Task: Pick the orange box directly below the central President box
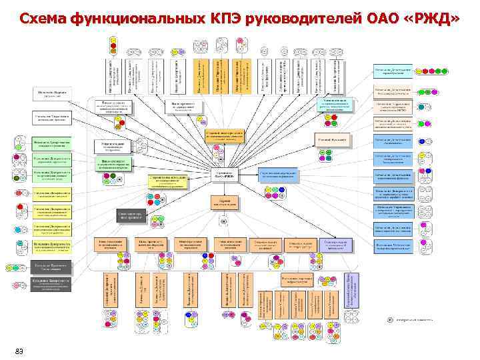click(225, 202)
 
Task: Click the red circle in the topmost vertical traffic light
click(112, 41)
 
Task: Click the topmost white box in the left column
click(51, 93)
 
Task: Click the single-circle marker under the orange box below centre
click(225, 221)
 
